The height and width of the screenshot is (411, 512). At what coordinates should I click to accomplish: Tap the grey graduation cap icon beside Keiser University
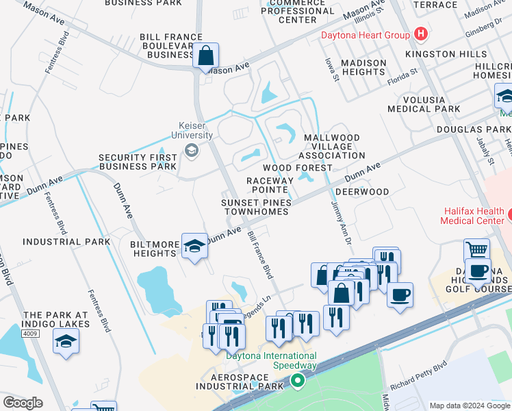[192, 151]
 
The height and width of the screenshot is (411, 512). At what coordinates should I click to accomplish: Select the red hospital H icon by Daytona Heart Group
[420, 34]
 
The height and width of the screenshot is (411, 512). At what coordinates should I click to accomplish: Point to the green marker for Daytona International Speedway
[297, 379]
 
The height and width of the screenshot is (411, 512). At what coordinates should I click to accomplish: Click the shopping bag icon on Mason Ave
[205, 55]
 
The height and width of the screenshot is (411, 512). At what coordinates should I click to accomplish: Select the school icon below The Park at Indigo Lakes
[66, 341]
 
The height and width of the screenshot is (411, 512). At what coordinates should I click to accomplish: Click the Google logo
[23, 403]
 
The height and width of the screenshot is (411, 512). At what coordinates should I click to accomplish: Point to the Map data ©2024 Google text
[469, 406]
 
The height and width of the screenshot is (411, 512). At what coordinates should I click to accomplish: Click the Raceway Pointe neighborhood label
[270, 185]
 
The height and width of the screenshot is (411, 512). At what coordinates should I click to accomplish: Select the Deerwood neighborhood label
[363, 192]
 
